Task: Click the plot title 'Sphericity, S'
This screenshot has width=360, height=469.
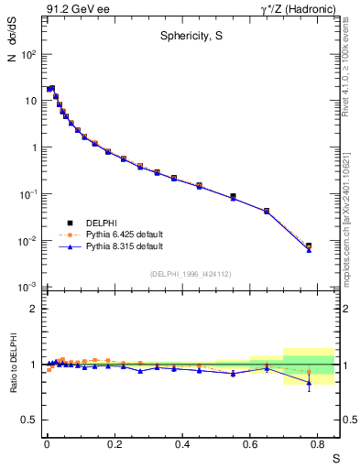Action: (x=187, y=37)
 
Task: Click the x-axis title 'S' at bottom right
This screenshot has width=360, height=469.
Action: (x=334, y=458)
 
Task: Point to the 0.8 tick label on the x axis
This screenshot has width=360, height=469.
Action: (x=317, y=442)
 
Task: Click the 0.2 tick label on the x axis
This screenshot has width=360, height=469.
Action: (x=114, y=442)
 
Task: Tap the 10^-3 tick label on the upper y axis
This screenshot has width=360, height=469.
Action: (x=28, y=288)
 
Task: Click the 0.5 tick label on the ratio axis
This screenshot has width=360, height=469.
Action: (x=29, y=420)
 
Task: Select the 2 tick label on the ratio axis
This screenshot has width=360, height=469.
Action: (x=34, y=309)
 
